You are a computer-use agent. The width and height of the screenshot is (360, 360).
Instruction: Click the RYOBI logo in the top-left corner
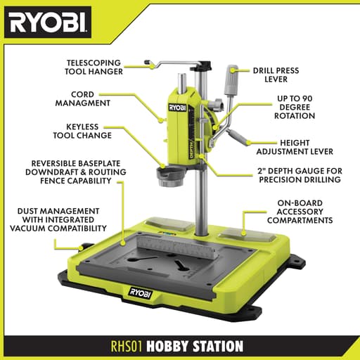48,24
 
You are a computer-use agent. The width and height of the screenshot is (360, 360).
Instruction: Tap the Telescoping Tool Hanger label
94,66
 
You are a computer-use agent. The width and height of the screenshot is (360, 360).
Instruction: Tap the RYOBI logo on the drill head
179,108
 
